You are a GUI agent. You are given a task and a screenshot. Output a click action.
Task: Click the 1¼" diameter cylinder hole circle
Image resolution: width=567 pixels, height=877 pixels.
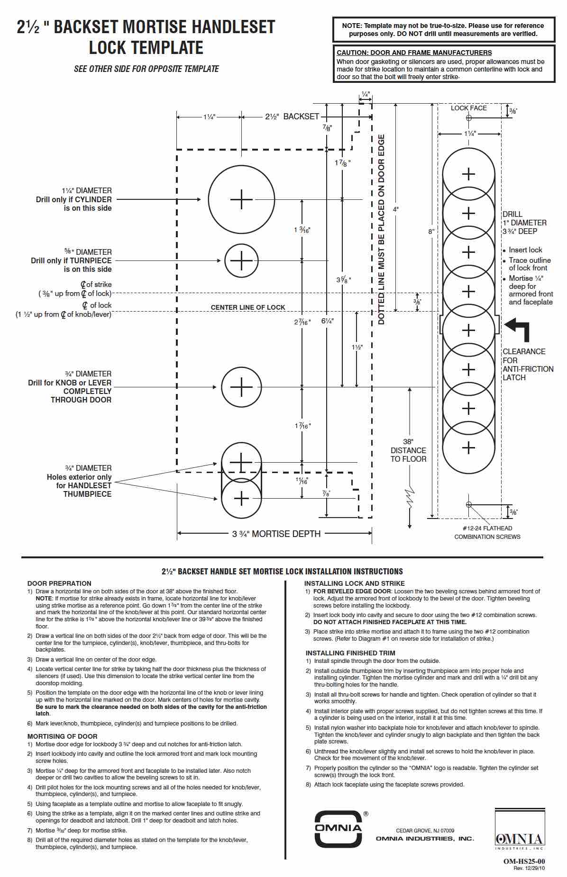[209, 199]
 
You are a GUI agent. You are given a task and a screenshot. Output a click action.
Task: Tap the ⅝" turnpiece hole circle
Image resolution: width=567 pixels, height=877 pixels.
[225, 260]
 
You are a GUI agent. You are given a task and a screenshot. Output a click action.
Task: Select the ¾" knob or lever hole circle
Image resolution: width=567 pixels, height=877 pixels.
[222, 387]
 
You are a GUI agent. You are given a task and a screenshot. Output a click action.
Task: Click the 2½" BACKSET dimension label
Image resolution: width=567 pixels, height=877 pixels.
[292, 116]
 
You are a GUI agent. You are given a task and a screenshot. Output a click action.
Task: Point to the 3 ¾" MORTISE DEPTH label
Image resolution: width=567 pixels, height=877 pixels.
[276, 534]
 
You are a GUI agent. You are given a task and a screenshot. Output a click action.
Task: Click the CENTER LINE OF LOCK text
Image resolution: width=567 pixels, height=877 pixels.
[248, 307]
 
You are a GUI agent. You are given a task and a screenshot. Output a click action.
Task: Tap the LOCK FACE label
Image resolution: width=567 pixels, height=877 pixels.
[469, 108]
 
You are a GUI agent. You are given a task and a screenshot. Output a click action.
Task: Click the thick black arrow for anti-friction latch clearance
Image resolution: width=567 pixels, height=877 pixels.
[517, 329]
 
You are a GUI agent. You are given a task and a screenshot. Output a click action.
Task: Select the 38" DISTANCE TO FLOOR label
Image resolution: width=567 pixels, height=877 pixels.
[408, 450]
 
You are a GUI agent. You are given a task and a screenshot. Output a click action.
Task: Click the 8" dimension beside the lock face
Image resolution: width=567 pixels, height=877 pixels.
[431, 232]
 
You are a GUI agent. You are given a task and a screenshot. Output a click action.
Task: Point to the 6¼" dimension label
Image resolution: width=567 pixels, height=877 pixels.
[328, 321]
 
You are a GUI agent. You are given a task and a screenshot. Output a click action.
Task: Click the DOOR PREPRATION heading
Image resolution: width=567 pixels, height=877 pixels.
[59, 583]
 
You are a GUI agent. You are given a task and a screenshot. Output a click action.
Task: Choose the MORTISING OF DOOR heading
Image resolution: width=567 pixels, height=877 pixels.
[62, 736]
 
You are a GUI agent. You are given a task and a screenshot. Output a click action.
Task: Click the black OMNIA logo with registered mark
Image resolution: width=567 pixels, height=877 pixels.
[339, 828]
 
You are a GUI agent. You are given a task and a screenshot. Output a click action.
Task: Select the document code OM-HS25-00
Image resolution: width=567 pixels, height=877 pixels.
[524, 861]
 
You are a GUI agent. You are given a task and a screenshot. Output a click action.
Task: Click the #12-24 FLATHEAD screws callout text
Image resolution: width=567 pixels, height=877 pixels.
[487, 532]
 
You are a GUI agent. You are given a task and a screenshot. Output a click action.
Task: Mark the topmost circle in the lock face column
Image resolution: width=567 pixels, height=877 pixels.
[443, 174]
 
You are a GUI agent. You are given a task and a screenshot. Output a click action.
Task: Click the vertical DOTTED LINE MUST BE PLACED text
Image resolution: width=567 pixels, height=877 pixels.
[382, 230]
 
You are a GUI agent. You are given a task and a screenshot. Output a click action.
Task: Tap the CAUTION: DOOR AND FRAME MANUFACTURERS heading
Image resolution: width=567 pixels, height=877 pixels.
[414, 53]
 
